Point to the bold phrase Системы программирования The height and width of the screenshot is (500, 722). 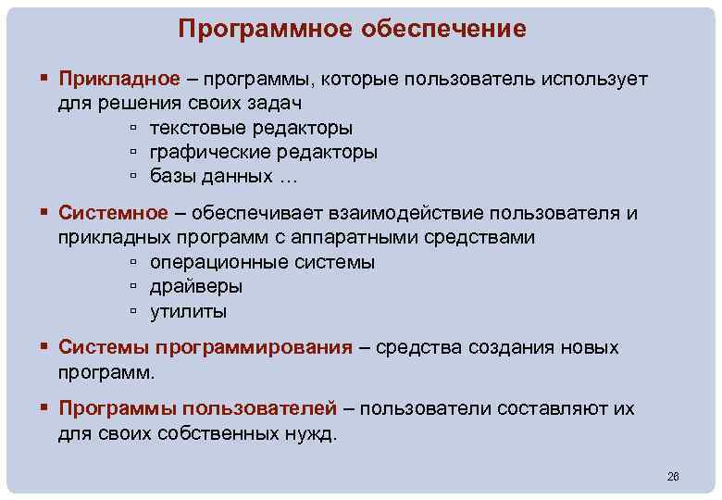(205, 347)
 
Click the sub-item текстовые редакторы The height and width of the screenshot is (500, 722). (251, 127)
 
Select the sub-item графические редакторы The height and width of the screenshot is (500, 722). (264, 151)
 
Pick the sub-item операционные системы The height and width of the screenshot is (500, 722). (262, 262)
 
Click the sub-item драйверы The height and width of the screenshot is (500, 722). (197, 286)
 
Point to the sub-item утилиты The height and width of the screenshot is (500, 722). (189, 311)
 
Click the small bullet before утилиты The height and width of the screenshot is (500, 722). (134, 311)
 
